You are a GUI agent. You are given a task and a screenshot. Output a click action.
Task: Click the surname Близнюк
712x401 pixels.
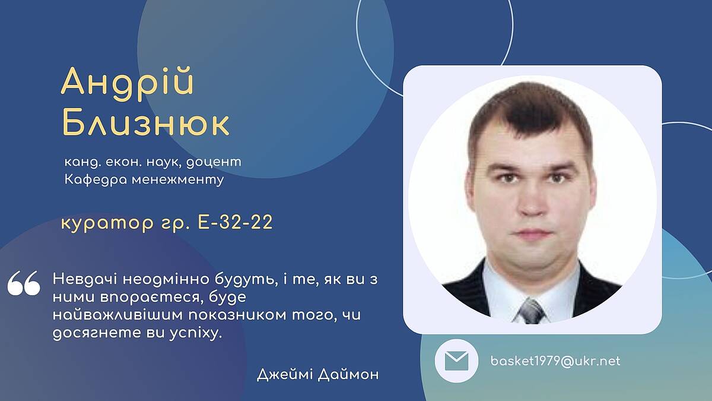click(145, 123)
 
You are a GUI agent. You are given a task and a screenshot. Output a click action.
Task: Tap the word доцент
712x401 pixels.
click(214, 163)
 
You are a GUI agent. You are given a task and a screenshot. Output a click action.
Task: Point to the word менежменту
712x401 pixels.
click(177, 181)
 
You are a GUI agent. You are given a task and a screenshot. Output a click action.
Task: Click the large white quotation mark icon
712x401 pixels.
click(24, 283)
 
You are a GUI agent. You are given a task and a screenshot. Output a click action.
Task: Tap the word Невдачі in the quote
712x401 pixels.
click(85, 279)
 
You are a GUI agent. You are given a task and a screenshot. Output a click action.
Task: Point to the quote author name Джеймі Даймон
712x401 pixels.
click(317, 375)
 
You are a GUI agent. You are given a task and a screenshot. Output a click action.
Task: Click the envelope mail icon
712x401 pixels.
click(456, 361)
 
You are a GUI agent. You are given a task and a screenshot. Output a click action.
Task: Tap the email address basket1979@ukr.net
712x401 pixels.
click(555, 361)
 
